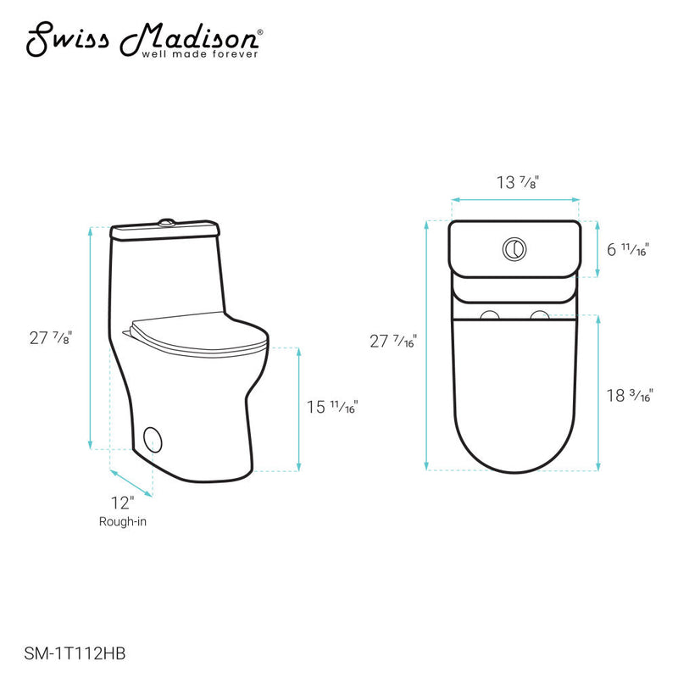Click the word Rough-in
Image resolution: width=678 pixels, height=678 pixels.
[122, 522]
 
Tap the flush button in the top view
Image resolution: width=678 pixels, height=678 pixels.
[514, 248]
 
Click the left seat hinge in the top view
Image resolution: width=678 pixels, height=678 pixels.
[489, 316]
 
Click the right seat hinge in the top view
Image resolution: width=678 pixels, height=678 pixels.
[538, 316]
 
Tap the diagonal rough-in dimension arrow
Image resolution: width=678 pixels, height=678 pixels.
[132, 481]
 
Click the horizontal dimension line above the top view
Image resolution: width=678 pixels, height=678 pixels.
[514, 200]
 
